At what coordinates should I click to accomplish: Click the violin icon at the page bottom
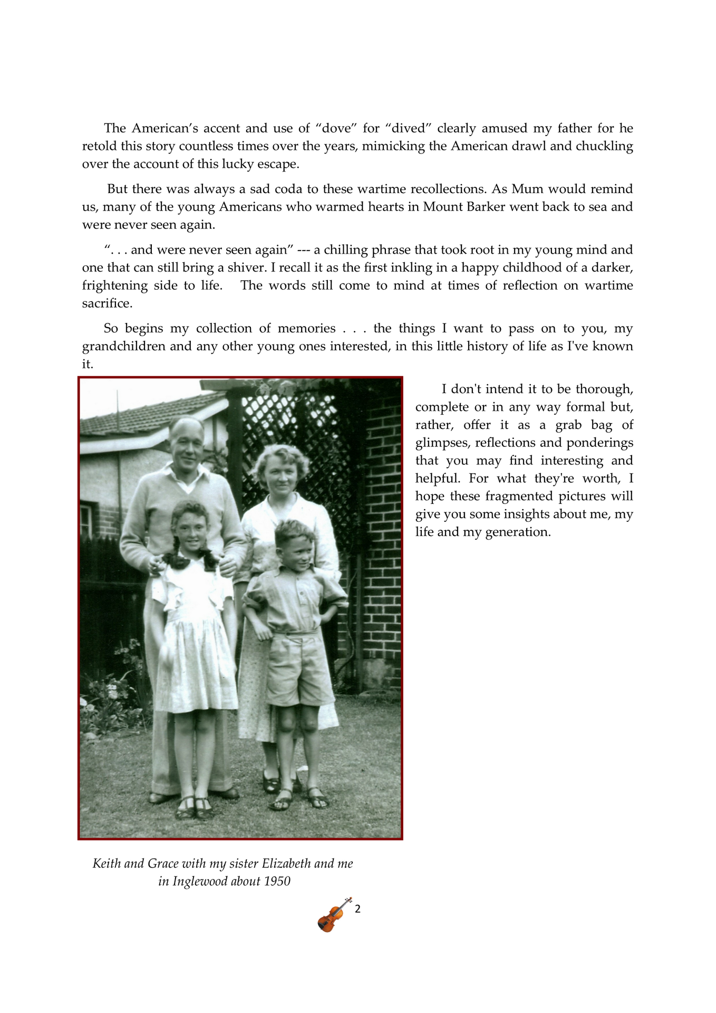(x=334, y=914)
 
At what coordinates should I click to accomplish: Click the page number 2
(x=357, y=909)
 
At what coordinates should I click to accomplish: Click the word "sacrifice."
(x=107, y=303)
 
